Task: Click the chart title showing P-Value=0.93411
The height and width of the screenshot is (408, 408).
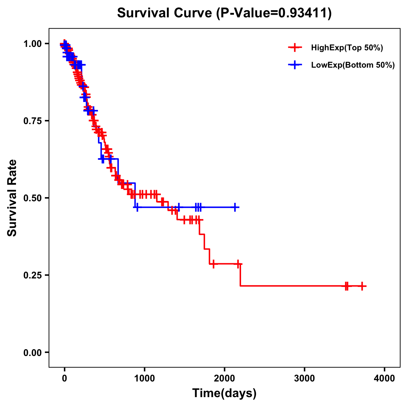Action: (x=224, y=13)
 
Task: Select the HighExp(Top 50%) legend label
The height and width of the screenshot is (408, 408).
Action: (x=347, y=48)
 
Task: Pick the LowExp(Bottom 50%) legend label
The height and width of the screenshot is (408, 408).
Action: (x=353, y=65)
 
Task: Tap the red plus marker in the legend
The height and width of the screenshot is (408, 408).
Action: (x=295, y=48)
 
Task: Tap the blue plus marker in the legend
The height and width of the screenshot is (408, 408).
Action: (x=295, y=65)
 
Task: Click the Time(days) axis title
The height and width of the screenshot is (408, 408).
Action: (x=224, y=393)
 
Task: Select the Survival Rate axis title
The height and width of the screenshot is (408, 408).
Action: (x=12, y=198)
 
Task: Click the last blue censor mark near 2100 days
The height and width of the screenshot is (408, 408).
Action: (x=235, y=207)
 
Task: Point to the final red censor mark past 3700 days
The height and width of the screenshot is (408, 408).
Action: (x=362, y=286)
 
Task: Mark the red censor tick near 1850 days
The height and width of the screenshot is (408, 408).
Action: (x=213, y=264)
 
